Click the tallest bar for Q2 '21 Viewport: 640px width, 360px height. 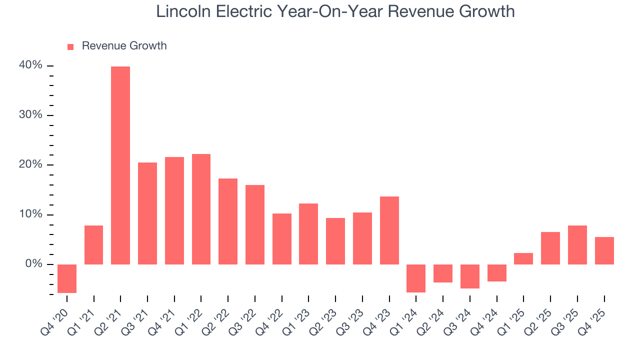click(x=120, y=165)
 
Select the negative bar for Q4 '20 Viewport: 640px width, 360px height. click(x=67, y=278)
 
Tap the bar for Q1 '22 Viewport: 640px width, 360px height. click(x=201, y=209)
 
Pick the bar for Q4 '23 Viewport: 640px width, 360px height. click(x=389, y=230)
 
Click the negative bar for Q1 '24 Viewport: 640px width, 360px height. click(x=416, y=278)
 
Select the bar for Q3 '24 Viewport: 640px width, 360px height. click(x=469, y=276)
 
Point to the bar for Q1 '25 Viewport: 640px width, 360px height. click(x=523, y=258)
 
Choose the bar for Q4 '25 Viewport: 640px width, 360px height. click(x=604, y=250)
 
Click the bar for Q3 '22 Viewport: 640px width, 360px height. click(x=254, y=224)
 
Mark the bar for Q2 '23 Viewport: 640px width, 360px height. click(x=335, y=241)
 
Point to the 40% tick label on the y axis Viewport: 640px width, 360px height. click(x=31, y=65)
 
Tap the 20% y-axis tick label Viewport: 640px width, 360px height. click(x=31, y=164)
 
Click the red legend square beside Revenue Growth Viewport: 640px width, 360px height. click(x=70, y=46)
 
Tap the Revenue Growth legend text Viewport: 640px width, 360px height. click(x=124, y=46)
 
